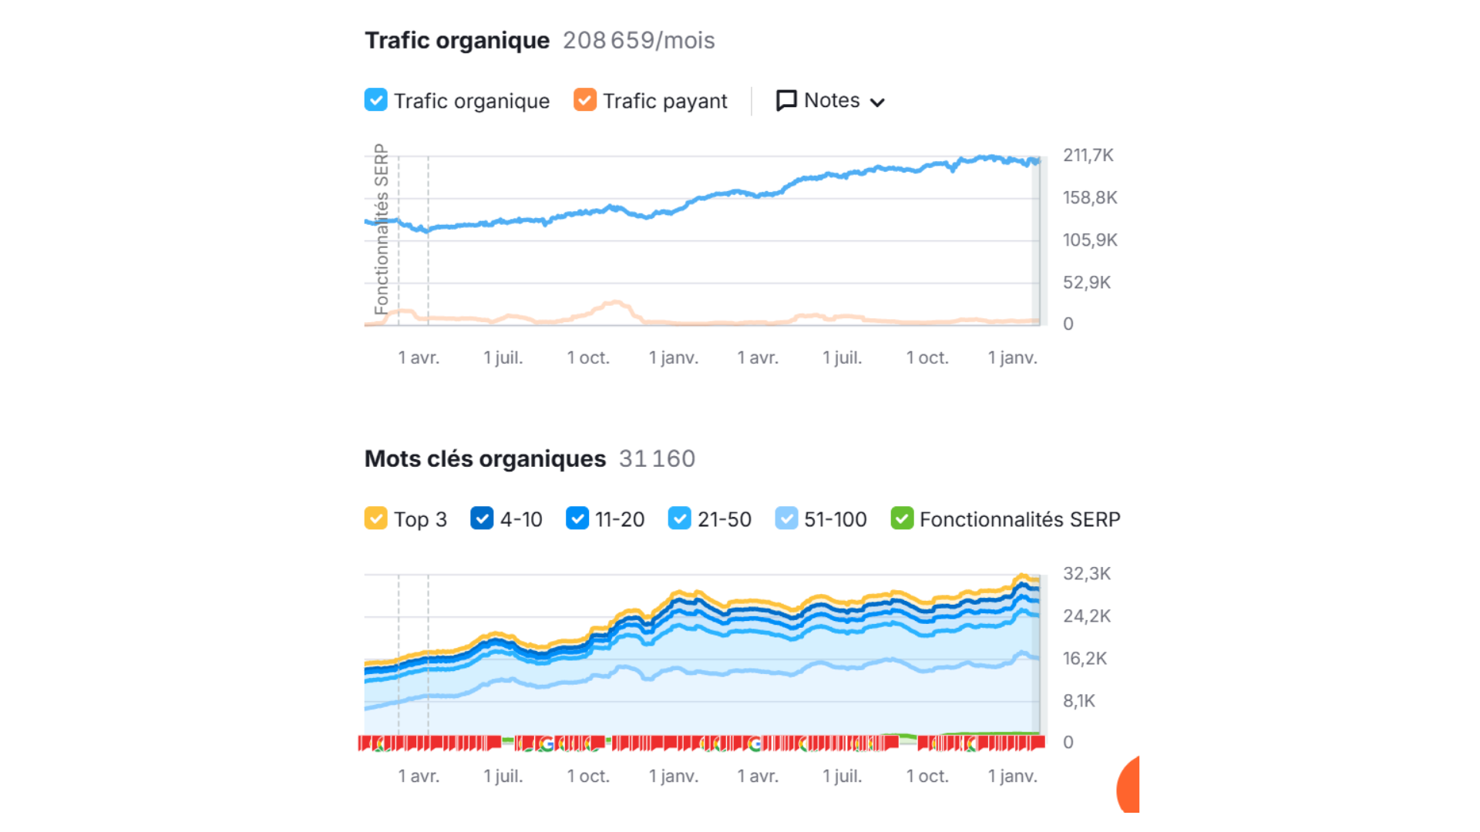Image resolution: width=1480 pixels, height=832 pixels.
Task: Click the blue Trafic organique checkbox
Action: coord(375,100)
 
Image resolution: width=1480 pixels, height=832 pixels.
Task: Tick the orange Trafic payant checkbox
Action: coord(585,100)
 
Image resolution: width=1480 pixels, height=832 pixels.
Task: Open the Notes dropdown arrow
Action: coord(877,102)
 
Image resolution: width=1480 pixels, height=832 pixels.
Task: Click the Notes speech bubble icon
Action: coord(786,101)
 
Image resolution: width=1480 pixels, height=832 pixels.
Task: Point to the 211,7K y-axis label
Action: coord(1088,156)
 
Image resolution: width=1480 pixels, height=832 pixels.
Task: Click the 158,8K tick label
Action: coord(1090,198)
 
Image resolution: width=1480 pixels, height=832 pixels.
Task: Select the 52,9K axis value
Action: coord(1087,283)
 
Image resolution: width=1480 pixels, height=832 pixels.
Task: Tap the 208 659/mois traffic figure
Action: coord(639,40)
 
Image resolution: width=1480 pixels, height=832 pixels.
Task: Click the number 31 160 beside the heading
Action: coord(657,459)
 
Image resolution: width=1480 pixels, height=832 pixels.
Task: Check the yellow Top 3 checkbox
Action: coord(375,518)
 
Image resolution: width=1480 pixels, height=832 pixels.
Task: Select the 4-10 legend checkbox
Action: coord(482,518)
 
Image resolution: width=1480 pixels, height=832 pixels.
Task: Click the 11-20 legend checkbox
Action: coord(577,518)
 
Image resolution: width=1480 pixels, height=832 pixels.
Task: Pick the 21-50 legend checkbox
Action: coord(679,518)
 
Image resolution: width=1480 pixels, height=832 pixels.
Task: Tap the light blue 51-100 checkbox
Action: coord(786,518)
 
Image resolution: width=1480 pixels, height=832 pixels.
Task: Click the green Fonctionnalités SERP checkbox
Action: coord(902,518)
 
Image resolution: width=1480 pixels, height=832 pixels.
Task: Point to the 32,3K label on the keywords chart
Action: coord(1087,574)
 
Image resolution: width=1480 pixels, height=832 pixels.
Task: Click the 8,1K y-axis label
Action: coord(1079,701)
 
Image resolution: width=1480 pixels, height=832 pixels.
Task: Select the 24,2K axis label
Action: coord(1087,616)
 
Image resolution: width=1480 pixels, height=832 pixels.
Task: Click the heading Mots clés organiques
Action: coord(485,459)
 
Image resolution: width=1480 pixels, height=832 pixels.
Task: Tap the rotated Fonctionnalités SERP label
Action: coord(381,229)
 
